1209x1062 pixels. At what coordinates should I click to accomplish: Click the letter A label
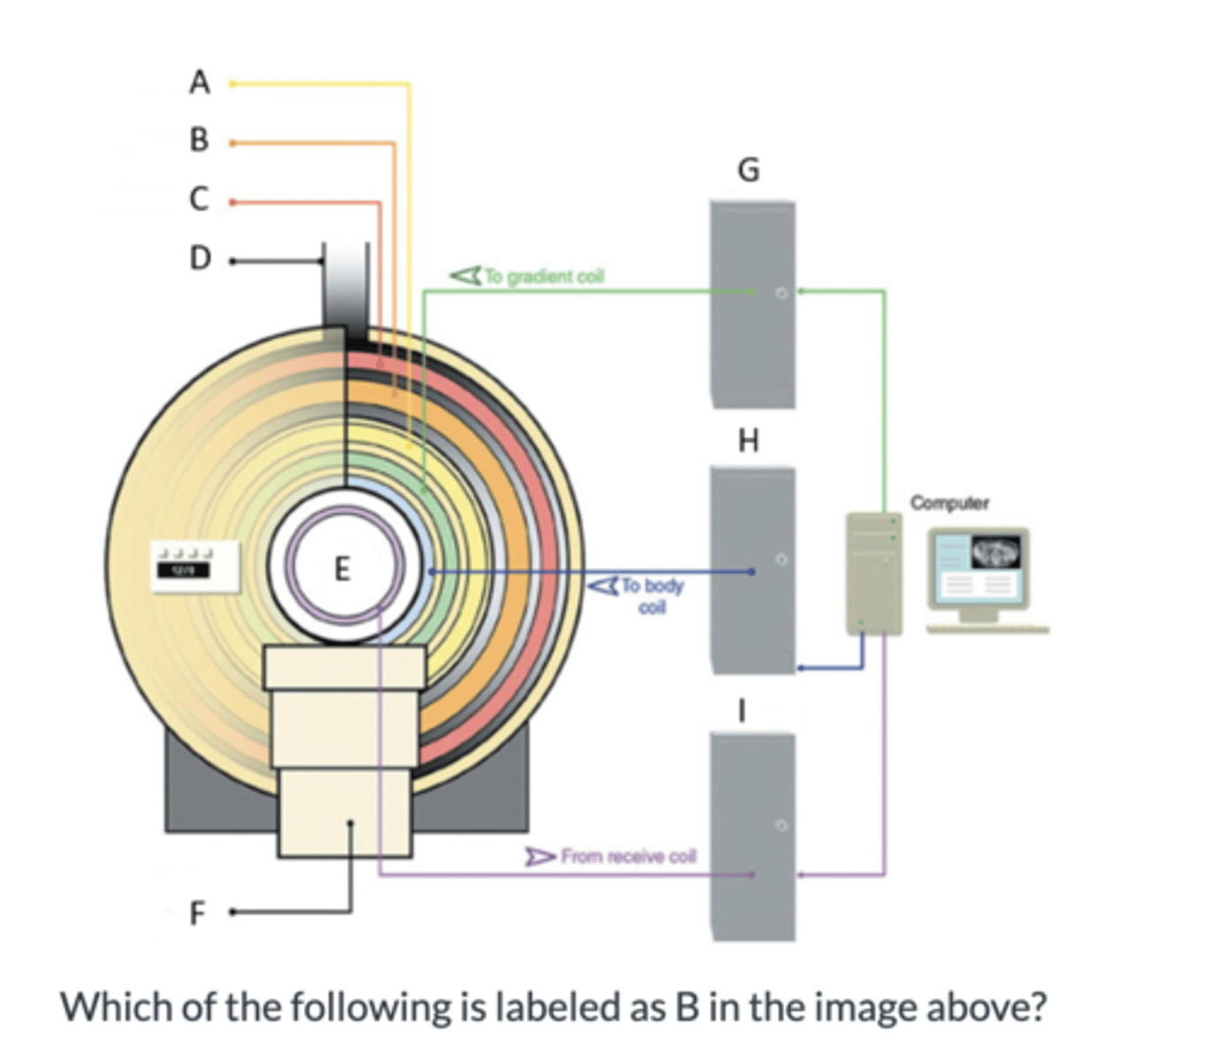pyautogui.click(x=200, y=82)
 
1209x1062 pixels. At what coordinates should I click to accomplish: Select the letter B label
pyautogui.click(x=200, y=140)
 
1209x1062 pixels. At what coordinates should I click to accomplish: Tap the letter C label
pyautogui.click(x=200, y=199)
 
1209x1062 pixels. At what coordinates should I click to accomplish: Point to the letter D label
pyautogui.click(x=201, y=258)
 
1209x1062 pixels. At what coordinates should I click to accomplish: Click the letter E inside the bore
pyautogui.click(x=343, y=567)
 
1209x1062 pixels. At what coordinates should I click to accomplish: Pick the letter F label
pyautogui.click(x=197, y=912)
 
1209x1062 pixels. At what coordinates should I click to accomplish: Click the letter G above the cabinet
pyautogui.click(x=749, y=169)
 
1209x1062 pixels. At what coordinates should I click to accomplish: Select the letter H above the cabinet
pyautogui.click(x=749, y=440)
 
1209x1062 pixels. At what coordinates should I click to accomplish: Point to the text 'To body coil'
pyautogui.click(x=652, y=596)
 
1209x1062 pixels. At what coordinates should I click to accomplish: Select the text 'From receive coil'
pyautogui.click(x=628, y=857)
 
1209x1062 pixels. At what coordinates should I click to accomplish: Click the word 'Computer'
pyautogui.click(x=950, y=503)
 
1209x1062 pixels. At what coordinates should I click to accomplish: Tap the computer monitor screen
pyautogui.click(x=979, y=567)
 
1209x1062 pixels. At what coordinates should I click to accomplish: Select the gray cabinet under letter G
pyautogui.click(x=752, y=305)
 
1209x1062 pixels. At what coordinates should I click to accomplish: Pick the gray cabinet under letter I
pyautogui.click(x=752, y=836)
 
